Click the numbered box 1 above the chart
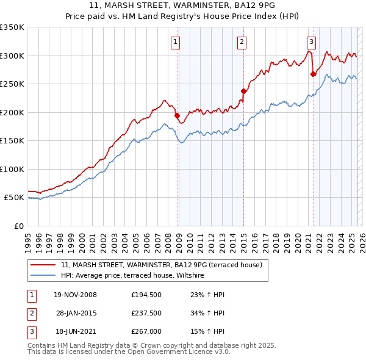pyautogui.click(x=175, y=42)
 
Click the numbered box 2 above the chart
pyautogui.click(x=242, y=42)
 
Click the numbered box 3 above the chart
pyautogui.click(x=311, y=42)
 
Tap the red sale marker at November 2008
pyautogui.click(x=177, y=115)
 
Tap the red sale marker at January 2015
pyautogui.click(x=243, y=91)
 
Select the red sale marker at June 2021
pyautogui.click(x=313, y=74)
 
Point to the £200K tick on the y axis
pyautogui.click(x=12, y=112)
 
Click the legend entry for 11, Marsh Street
pyautogui.click(x=162, y=265)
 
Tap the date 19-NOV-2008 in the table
pyautogui.click(x=76, y=295)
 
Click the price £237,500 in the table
pyautogui.click(x=146, y=313)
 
